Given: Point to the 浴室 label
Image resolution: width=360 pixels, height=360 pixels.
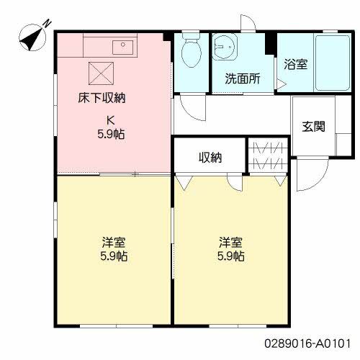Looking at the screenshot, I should click(x=295, y=64).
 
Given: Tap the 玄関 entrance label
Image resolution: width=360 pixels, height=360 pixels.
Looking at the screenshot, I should click(x=312, y=127).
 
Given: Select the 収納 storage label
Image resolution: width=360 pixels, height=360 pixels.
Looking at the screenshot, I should click(x=210, y=158).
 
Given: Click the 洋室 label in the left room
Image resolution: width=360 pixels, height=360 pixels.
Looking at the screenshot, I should click(x=114, y=242).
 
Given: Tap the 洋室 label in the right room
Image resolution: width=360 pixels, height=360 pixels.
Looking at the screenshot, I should click(x=230, y=242).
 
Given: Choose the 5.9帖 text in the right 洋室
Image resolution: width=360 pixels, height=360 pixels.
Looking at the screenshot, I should click(x=230, y=256).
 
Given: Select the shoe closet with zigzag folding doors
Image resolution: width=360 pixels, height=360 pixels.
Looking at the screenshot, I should click(x=268, y=155).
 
